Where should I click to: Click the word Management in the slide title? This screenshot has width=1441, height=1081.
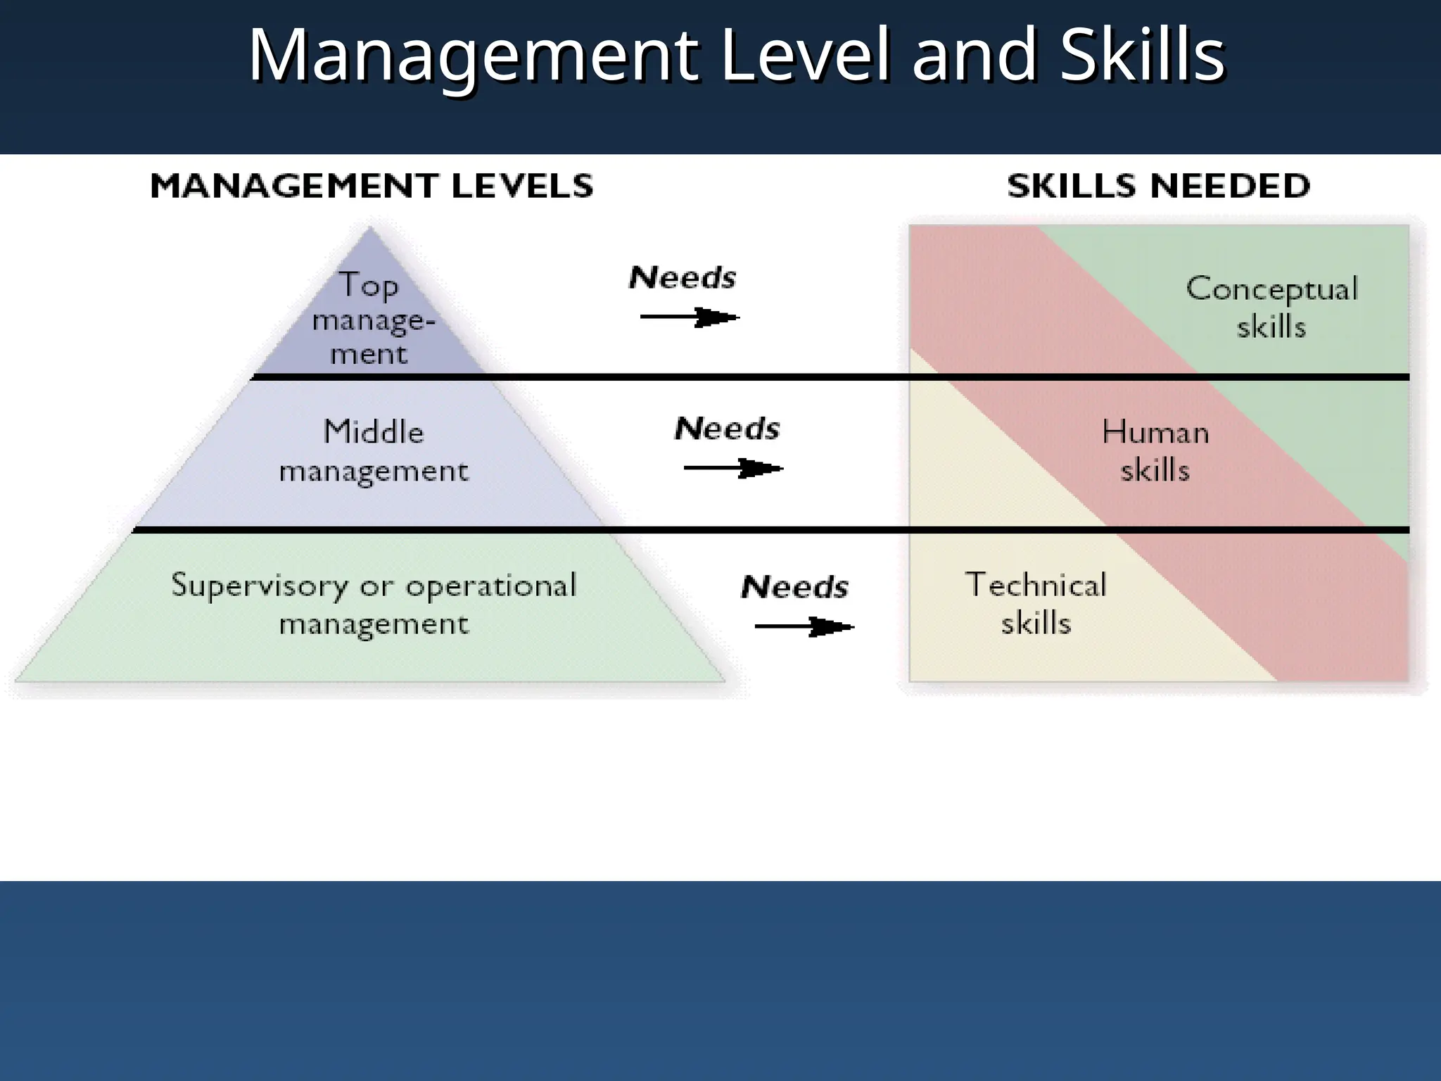point(474,56)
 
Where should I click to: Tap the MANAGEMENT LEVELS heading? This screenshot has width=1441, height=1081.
point(372,186)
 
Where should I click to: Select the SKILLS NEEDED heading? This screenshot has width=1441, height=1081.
point(1158,186)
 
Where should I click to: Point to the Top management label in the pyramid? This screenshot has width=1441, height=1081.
point(370,319)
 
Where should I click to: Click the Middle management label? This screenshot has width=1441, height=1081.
point(374,451)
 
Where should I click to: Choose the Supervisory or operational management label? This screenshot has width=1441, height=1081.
point(374,604)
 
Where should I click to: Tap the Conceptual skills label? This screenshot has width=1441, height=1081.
point(1271,308)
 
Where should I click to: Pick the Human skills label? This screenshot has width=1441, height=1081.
point(1155,450)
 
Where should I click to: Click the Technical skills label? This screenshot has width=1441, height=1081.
point(1036,604)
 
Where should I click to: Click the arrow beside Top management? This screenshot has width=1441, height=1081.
point(690,317)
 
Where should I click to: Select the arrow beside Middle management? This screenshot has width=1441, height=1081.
point(733,468)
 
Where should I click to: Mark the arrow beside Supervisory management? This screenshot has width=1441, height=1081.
point(804,626)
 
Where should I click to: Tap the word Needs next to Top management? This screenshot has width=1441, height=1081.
point(682,278)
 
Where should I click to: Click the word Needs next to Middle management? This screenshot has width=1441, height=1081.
point(727,429)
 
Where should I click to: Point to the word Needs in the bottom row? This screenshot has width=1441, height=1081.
point(794,587)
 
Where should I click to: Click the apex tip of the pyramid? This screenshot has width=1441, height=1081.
point(370,228)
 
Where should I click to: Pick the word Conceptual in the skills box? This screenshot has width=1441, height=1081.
point(1271,289)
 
